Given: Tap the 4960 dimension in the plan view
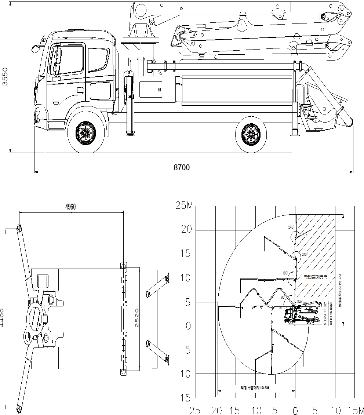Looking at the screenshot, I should pos(70,207).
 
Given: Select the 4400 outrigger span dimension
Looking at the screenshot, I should pos(3,318).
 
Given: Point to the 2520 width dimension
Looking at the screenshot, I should pos(135,318).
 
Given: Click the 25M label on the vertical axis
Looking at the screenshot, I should pos(184,206).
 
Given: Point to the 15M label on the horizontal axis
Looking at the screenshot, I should pos(356,410).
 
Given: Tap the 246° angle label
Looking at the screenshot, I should pos(291,227).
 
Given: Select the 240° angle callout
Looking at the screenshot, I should pos(304,254).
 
